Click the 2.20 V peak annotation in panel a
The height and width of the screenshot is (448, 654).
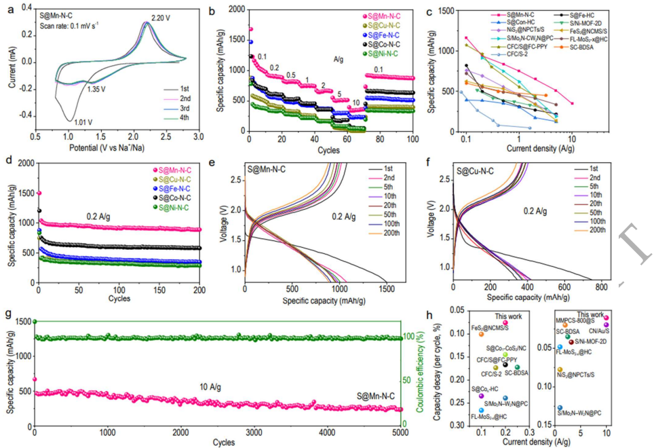157,15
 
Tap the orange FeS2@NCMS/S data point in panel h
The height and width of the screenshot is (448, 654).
481,334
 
